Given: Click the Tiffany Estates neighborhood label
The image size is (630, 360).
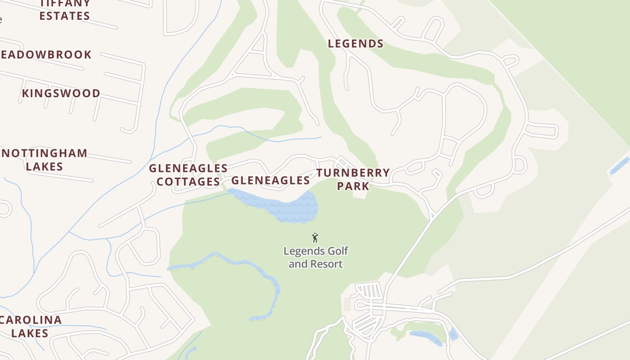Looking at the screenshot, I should [64, 9].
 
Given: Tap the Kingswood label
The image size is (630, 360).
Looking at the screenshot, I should [61, 93].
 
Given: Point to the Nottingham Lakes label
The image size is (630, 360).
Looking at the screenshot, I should [44, 159].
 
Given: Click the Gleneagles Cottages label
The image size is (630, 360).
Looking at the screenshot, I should [188, 175].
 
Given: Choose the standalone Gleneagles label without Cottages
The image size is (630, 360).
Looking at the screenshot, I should [270, 180].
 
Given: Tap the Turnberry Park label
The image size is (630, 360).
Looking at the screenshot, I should [353, 179].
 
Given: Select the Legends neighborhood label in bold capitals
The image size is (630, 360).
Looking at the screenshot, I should [355, 44].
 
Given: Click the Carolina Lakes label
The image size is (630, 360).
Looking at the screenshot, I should [31, 326].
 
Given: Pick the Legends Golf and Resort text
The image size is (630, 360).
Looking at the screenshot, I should [315, 257].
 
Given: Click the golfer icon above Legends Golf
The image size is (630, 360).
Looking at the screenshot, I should [315, 238].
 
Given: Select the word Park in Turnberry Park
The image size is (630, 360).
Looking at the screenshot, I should [353, 186].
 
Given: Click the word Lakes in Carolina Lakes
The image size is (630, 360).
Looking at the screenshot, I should [30, 333].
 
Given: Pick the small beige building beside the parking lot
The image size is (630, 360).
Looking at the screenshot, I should [347, 304].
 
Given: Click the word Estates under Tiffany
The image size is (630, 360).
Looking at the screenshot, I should [64, 16].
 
